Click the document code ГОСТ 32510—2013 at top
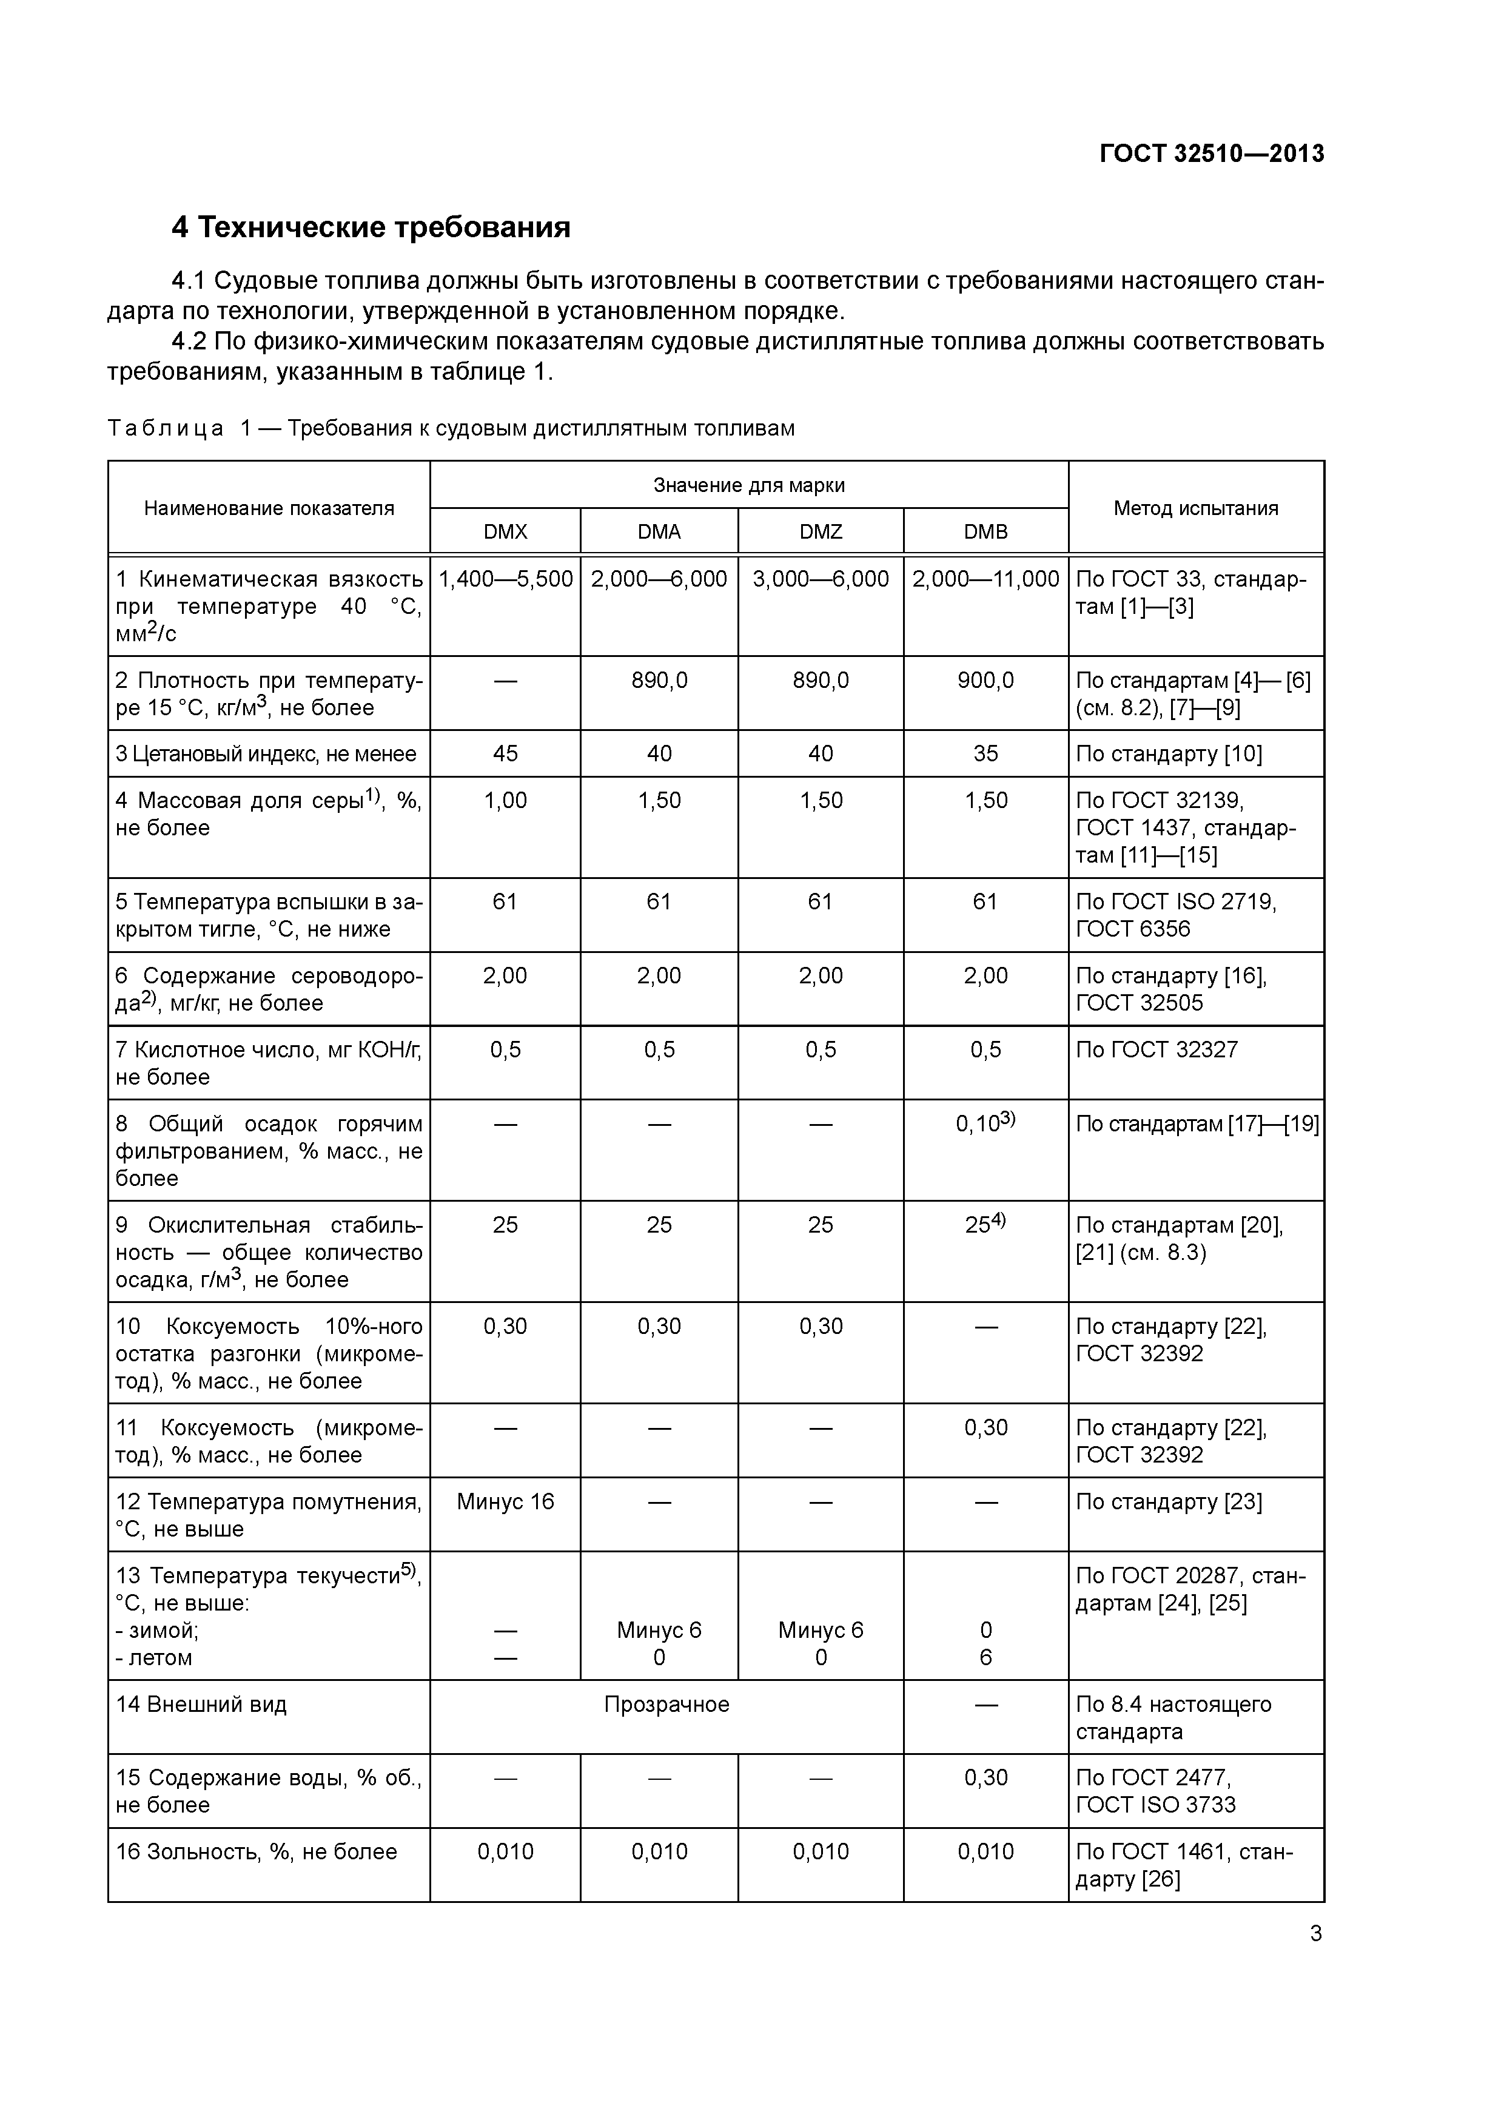[1211, 154]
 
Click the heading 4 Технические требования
[371, 227]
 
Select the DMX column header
[505, 532]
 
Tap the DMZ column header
[820, 532]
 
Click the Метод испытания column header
[1195, 508]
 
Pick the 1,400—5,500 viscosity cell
[505, 579]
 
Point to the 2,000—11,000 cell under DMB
[985, 579]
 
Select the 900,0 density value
[985, 680]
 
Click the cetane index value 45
[505, 753]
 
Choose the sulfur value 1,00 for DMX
[505, 801]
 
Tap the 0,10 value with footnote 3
[984, 1124]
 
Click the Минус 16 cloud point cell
[505, 1501]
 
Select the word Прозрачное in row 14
[666, 1705]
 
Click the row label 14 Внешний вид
[201, 1705]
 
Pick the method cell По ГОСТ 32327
[1157, 1050]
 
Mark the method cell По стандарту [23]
[1169, 1501]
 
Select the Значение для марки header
[749, 485]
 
